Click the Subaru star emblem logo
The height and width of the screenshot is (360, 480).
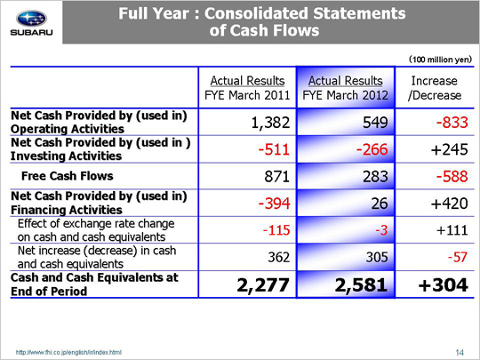click(x=31, y=19)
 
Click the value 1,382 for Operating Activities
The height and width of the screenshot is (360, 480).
click(x=270, y=123)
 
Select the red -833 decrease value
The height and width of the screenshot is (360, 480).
click(x=452, y=123)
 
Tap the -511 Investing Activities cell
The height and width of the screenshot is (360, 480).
click(x=274, y=149)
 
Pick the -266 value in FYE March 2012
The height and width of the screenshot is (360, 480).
click(x=372, y=149)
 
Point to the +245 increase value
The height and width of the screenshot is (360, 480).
click(x=450, y=149)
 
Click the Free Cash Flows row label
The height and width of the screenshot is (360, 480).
click(x=68, y=176)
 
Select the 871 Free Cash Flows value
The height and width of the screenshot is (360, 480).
click(x=277, y=176)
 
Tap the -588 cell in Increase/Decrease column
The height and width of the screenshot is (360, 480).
click(x=452, y=176)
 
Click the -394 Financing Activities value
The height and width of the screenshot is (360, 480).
click(x=274, y=204)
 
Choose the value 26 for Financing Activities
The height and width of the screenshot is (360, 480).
click(x=380, y=204)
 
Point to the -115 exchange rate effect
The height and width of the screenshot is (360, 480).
click(x=276, y=230)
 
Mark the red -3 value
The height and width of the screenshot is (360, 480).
click(x=381, y=230)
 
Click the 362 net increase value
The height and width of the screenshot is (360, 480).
click(x=279, y=257)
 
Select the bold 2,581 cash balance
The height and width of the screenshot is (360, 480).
click(x=361, y=284)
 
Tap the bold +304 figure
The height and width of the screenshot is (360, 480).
click(x=444, y=284)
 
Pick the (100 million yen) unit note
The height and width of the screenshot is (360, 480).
click(x=441, y=59)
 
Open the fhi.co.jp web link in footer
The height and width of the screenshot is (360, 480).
click(x=68, y=352)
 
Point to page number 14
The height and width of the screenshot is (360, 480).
click(x=460, y=352)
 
